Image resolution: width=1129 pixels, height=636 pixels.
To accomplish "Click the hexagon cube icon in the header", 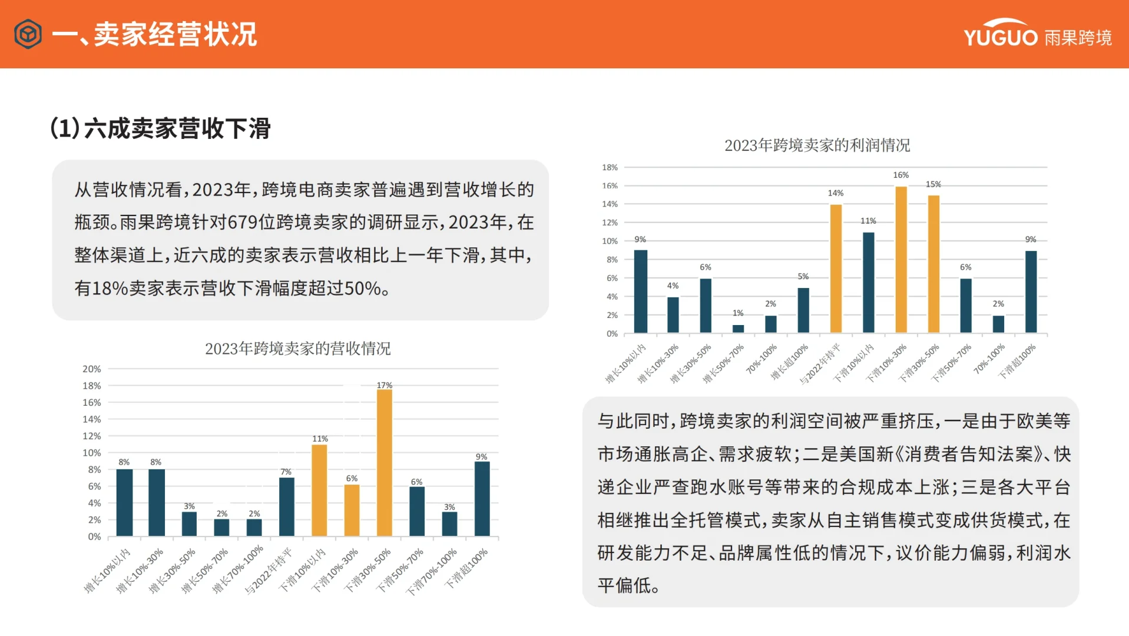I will click(28, 34).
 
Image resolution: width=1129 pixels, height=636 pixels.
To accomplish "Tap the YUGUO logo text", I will click(1000, 37).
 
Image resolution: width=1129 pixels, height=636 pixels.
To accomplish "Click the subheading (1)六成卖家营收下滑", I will click(160, 128).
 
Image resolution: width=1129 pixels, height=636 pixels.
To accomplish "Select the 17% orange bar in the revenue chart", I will click(384, 462).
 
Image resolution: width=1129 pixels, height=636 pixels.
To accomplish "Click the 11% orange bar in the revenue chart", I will click(319, 490).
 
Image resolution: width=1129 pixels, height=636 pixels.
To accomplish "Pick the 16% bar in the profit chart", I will click(900, 260).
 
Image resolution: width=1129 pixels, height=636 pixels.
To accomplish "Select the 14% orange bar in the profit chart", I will click(836, 269).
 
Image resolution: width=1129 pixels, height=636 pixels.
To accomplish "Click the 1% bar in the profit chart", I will click(738, 329).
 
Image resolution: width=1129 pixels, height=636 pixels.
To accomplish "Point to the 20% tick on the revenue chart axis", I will click(91, 369).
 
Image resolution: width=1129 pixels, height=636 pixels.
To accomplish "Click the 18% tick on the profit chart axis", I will click(610, 168).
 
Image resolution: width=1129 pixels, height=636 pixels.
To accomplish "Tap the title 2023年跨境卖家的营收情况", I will click(297, 349).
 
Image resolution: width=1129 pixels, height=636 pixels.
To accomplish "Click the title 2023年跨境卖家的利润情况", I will click(817, 145).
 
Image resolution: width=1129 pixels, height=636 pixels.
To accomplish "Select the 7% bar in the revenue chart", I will click(286, 506).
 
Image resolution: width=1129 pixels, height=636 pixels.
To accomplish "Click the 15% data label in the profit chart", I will click(933, 184).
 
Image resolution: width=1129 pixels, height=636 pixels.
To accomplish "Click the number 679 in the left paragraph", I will click(242, 223).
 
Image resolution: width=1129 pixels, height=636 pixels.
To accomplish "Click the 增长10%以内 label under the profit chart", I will click(626, 363).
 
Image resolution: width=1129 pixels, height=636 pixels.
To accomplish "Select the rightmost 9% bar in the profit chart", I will click(1031, 291).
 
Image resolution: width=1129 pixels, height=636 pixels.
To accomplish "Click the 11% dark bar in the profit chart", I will click(868, 283).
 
